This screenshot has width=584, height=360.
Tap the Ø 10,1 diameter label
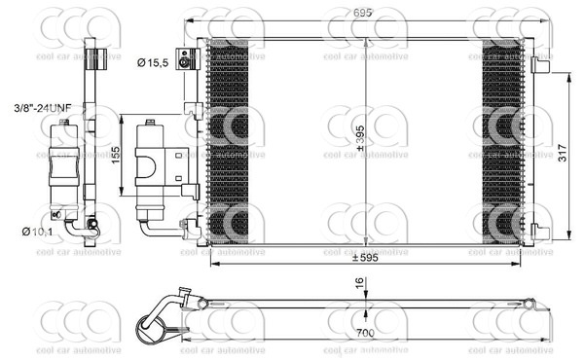(38, 231)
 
